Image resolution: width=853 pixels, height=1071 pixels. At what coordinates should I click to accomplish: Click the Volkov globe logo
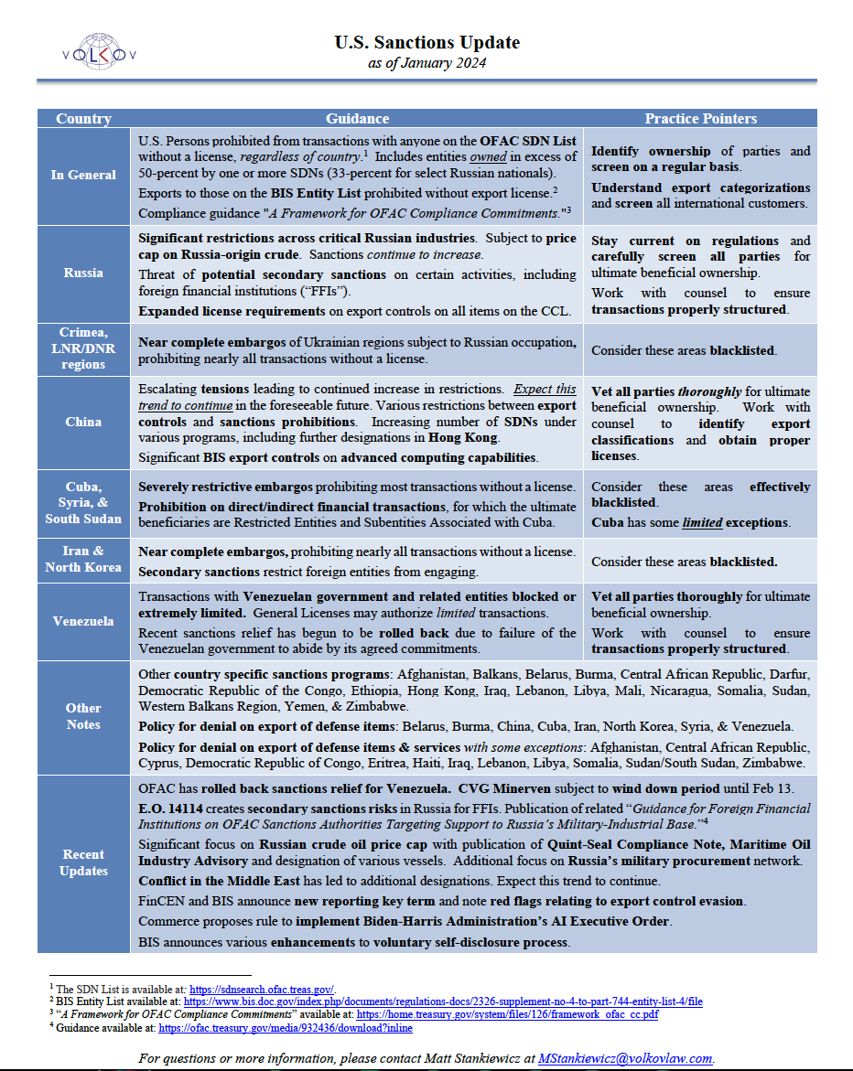(100, 53)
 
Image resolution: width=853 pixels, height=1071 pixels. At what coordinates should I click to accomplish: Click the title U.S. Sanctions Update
(426, 42)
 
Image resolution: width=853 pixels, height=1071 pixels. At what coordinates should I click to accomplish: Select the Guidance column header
(357, 119)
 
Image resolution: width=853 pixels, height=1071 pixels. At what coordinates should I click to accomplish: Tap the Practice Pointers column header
(700, 119)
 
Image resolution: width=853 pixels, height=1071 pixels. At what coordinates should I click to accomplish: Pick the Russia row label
(83, 273)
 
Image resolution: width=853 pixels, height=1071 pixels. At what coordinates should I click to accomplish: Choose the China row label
(83, 423)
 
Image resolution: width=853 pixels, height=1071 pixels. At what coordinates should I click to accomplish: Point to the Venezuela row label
(83, 621)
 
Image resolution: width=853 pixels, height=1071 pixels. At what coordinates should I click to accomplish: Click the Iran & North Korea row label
(83, 559)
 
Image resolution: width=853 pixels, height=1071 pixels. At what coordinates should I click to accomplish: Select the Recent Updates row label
(83, 862)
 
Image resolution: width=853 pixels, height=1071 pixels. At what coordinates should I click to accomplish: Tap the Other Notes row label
(83, 716)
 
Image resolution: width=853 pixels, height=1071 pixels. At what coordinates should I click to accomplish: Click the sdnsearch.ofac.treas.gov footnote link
(262, 989)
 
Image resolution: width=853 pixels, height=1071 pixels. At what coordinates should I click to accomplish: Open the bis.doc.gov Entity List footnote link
(443, 1001)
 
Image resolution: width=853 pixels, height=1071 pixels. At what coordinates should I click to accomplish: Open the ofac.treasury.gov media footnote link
(286, 1028)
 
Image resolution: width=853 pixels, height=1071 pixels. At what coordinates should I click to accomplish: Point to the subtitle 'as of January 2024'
(426, 63)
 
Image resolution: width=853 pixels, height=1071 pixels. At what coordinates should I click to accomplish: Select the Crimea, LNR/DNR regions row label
(83, 348)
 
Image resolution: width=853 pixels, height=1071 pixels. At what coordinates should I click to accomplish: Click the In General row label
(83, 175)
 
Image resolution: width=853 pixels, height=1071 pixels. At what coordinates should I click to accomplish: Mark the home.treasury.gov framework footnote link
(507, 1014)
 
